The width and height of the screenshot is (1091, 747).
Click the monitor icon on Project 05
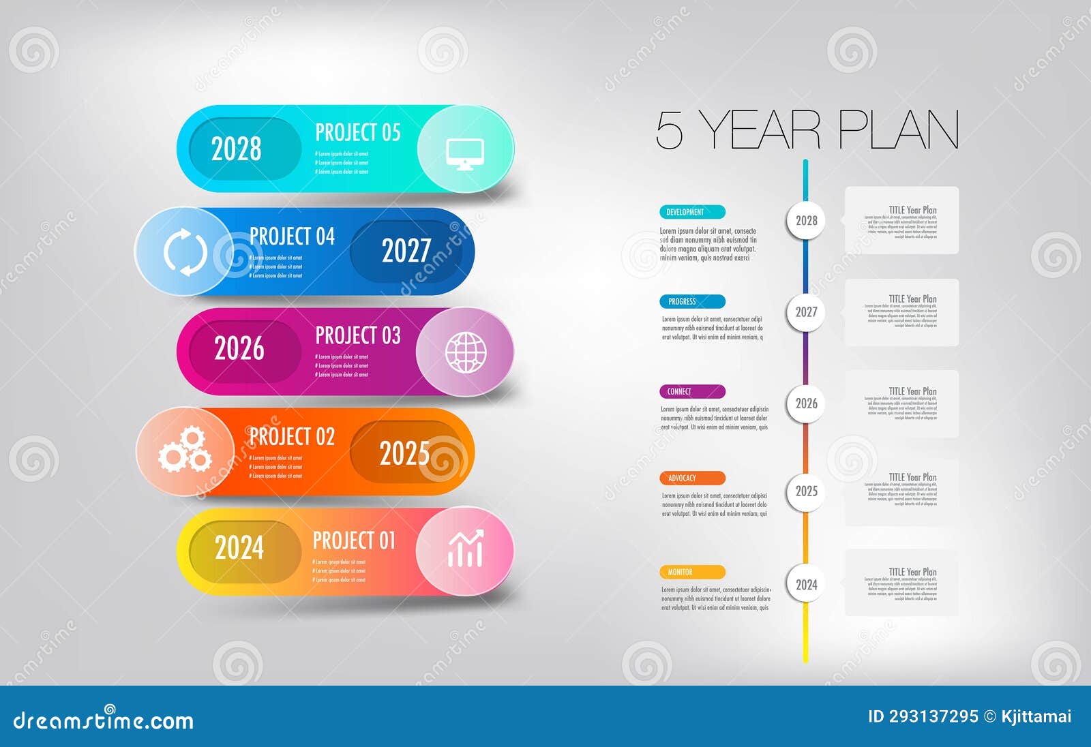465,153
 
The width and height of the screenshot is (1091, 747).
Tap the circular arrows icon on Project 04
185,252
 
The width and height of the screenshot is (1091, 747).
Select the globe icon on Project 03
466,352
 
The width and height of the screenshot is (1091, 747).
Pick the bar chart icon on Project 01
466,549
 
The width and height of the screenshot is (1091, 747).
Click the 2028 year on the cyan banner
236,149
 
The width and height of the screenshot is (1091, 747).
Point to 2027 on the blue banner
406,251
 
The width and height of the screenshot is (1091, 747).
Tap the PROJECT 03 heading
357,335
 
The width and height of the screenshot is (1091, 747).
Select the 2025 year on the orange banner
404,453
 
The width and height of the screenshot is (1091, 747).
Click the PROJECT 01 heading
354,541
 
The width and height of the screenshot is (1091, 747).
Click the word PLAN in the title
898,130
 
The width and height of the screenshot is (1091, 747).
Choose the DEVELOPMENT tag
691,212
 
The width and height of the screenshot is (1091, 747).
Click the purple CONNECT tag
691,392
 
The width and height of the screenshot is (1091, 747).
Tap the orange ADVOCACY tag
691,478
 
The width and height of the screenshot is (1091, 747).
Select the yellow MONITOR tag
691,573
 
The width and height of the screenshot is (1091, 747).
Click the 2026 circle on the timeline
806,403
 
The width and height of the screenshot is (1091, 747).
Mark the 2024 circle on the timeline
806,585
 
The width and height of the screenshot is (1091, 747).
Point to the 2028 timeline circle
806,220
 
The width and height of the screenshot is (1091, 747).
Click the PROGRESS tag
691,301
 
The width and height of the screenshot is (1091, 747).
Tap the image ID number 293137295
933,716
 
